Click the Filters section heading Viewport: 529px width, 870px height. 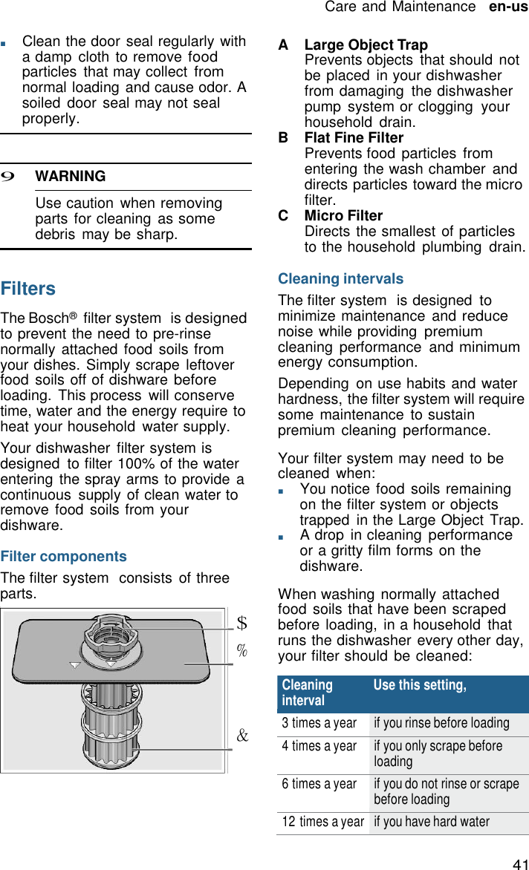(x=28, y=289)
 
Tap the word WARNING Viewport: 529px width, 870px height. (x=71, y=177)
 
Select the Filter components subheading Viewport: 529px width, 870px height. (x=64, y=557)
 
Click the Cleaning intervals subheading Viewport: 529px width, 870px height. (x=340, y=279)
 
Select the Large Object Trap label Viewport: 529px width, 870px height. (x=366, y=45)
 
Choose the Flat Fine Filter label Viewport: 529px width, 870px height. (x=354, y=138)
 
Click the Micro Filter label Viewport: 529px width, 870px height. (x=343, y=216)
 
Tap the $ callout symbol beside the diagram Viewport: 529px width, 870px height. (x=241, y=621)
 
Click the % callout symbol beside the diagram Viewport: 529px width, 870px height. (x=241, y=651)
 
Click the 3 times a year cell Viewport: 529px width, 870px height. (x=319, y=723)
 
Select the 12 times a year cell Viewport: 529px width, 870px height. (x=322, y=822)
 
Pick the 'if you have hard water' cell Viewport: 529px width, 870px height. (x=432, y=822)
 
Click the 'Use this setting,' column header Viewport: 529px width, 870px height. (x=420, y=685)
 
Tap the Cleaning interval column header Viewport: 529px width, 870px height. (x=308, y=693)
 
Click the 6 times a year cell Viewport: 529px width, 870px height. (x=319, y=784)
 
